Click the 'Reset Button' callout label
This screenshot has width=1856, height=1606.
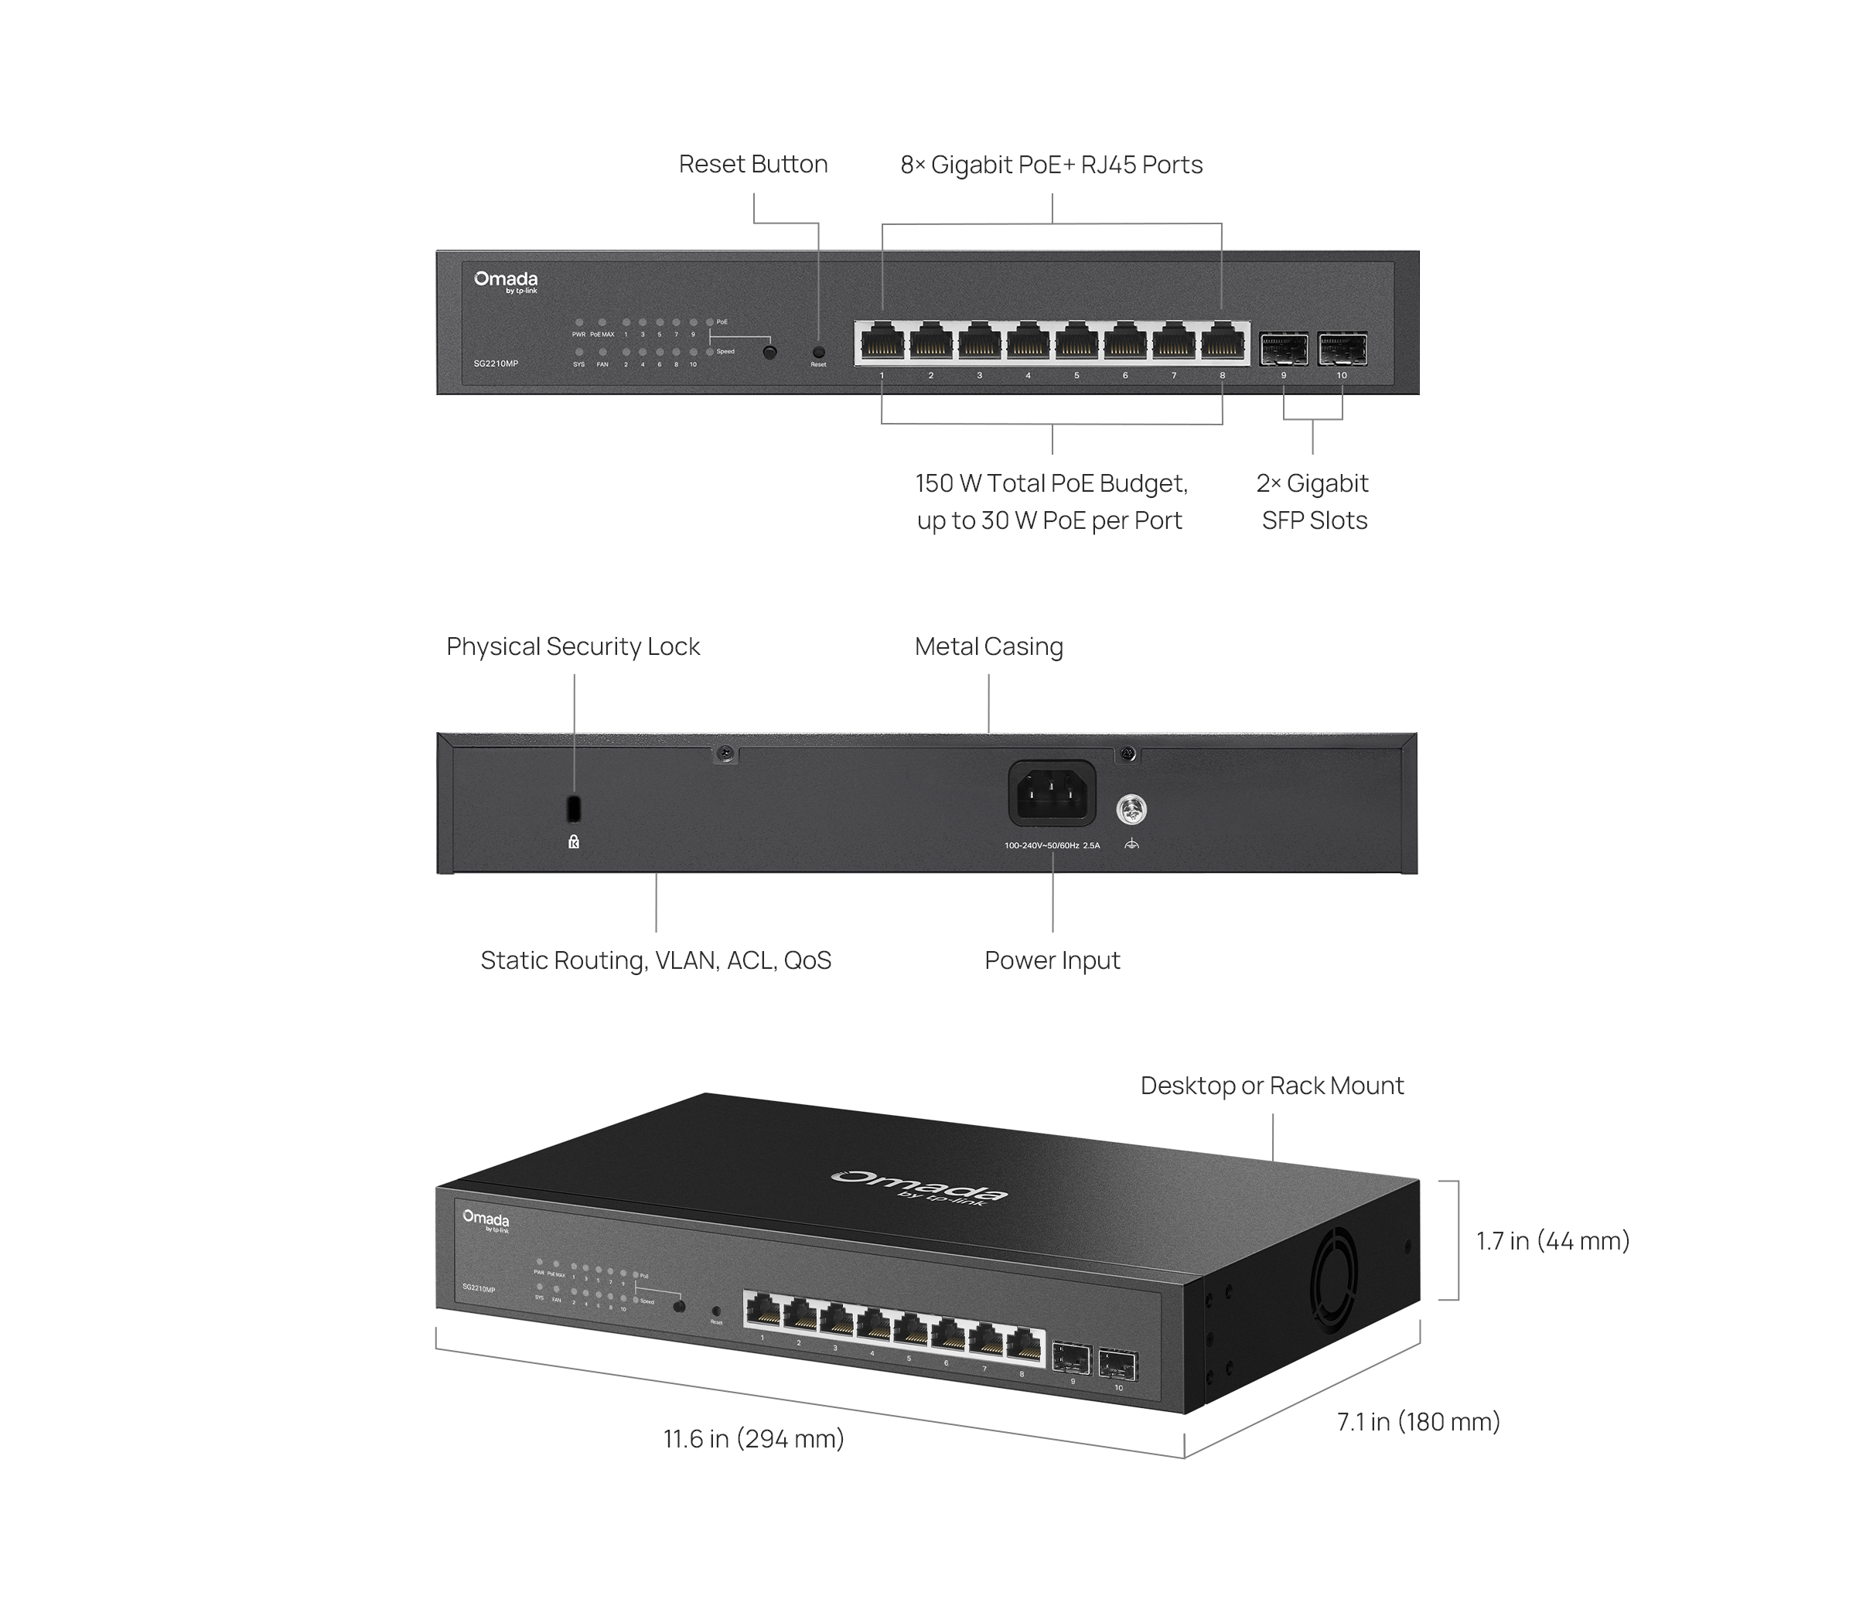(x=752, y=164)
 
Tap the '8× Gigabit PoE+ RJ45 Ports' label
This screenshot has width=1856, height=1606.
(x=1051, y=165)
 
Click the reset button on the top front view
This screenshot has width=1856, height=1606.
(x=818, y=353)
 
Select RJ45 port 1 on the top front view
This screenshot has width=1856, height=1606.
(x=882, y=343)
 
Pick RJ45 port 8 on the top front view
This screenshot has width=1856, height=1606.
(x=1223, y=343)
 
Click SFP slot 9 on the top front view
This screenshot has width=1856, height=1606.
(x=1283, y=349)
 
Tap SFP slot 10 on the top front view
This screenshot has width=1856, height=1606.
(x=1342, y=349)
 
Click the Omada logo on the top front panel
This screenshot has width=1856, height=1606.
(x=506, y=281)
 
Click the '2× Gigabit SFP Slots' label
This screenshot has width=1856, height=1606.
(x=1313, y=502)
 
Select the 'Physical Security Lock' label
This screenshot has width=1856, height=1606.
(x=573, y=646)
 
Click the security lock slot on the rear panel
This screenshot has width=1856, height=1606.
(x=575, y=807)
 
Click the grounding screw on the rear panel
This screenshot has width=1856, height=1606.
(x=1131, y=810)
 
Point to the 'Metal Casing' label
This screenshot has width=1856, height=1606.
(x=988, y=646)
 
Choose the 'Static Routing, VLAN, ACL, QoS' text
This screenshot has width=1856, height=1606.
(x=655, y=960)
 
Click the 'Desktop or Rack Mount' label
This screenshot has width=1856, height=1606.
(x=1271, y=1086)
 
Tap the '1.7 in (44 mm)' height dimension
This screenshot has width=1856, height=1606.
(x=1552, y=1240)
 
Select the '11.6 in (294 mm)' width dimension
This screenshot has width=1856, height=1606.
(x=752, y=1438)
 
